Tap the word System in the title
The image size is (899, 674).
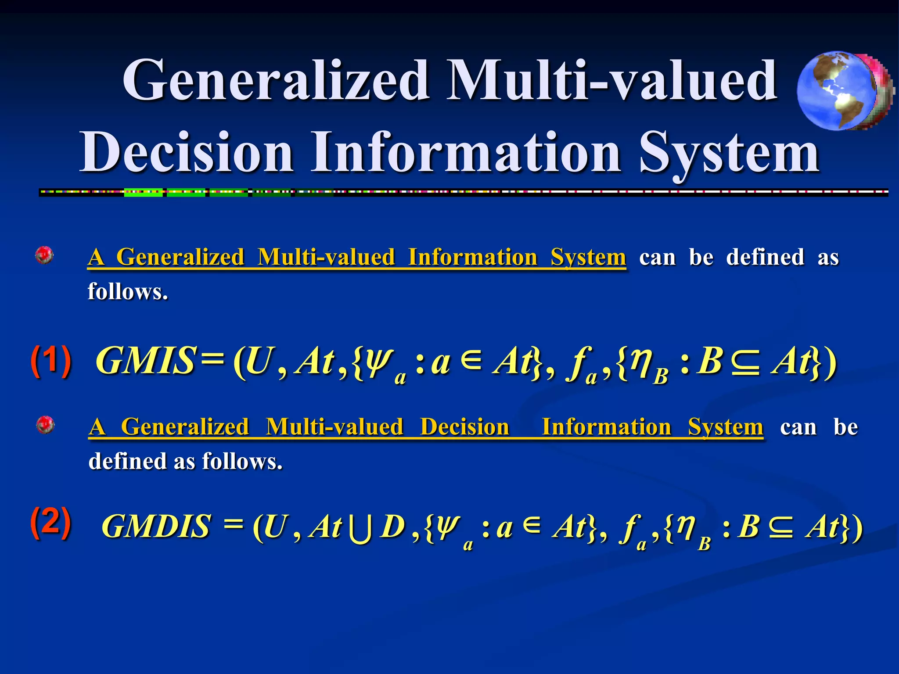[729, 153]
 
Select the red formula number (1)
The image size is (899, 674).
[51, 361]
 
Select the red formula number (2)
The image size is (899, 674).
[51, 522]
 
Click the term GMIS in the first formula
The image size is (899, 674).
[145, 361]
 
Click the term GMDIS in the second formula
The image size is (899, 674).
[156, 526]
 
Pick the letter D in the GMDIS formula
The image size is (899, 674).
[392, 526]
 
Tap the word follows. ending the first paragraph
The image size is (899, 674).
[128, 291]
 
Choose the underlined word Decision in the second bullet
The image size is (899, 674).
[464, 427]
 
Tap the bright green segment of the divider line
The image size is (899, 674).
[144, 192]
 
